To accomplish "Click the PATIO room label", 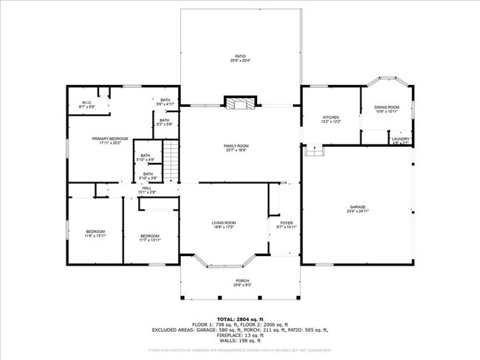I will (240, 58).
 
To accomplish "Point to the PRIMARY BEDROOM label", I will (110, 140).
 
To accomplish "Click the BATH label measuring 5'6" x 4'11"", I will (165, 102).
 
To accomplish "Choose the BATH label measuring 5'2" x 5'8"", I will (165, 122).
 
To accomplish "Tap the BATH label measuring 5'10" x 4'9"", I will (147, 157).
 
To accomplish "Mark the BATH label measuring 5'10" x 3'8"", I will (148, 176).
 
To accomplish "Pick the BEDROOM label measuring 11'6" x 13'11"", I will (96, 234).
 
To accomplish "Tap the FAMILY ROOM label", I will (236, 148).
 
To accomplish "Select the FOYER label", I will (287, 225).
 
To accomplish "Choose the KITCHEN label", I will (331, 120).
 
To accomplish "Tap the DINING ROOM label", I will (388, 110).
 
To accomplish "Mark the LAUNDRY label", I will (401, 140).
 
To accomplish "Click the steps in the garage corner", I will (315, 150).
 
